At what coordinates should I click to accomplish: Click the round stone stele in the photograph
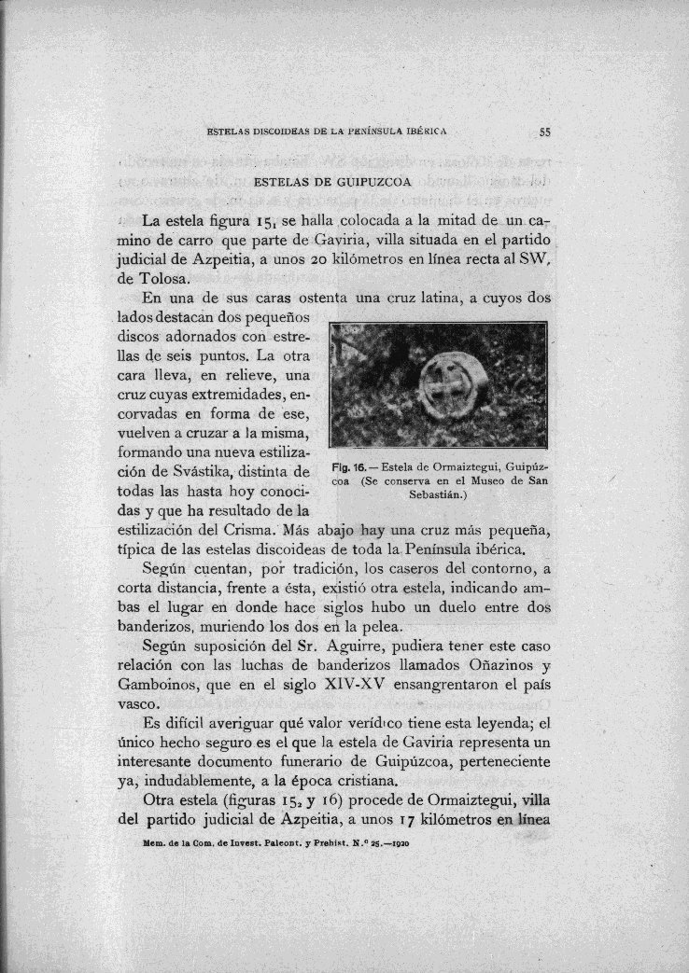click(x=446, y=393)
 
